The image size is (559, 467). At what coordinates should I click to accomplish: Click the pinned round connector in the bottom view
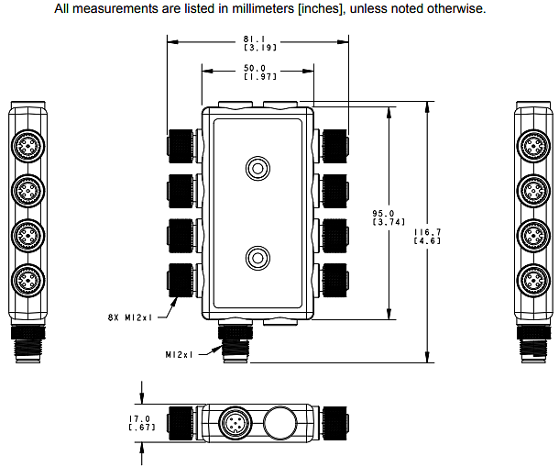(234, 423)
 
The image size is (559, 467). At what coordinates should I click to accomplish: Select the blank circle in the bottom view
(280, 423)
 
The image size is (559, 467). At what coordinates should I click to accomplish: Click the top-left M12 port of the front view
(181, 145)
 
